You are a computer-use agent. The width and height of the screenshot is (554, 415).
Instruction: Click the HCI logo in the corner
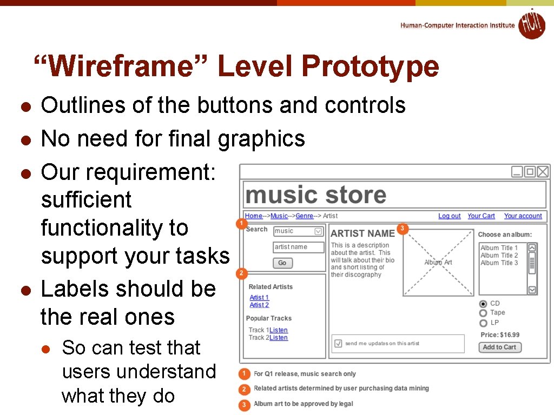[x=531, y=24]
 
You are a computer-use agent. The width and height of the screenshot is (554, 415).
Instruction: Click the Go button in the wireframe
[x=282, y=263]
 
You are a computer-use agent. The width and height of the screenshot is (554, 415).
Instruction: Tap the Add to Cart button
[x=500, y=347]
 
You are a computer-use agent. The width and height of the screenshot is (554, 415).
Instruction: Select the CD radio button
[x=483, y=304]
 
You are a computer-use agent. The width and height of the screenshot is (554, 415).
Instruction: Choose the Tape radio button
[x=483, y=313]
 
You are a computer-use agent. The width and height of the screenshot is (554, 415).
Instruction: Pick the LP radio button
[x=483, y=323]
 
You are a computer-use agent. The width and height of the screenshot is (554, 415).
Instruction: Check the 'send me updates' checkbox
[x=338, y=343]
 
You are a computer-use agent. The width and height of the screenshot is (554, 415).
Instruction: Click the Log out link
[x=449, y=216]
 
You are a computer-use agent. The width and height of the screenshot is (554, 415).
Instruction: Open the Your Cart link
[x=481, y=216]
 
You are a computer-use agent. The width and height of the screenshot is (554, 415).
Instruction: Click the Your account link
[x=523, y=216]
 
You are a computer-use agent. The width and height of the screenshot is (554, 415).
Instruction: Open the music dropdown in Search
[x=318, y=231]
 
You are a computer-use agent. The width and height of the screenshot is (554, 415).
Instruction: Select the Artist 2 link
[x=259, y=305]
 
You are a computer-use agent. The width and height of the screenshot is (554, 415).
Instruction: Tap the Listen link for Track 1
[x=279, y=330]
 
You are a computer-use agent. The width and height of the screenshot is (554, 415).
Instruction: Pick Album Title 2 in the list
[x=499, y=256]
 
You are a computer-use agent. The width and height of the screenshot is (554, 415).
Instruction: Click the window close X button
[x=543, y=172]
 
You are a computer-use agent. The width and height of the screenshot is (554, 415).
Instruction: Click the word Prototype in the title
[x=370, y=67]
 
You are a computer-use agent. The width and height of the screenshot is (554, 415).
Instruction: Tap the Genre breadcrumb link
[x=305, y=216]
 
